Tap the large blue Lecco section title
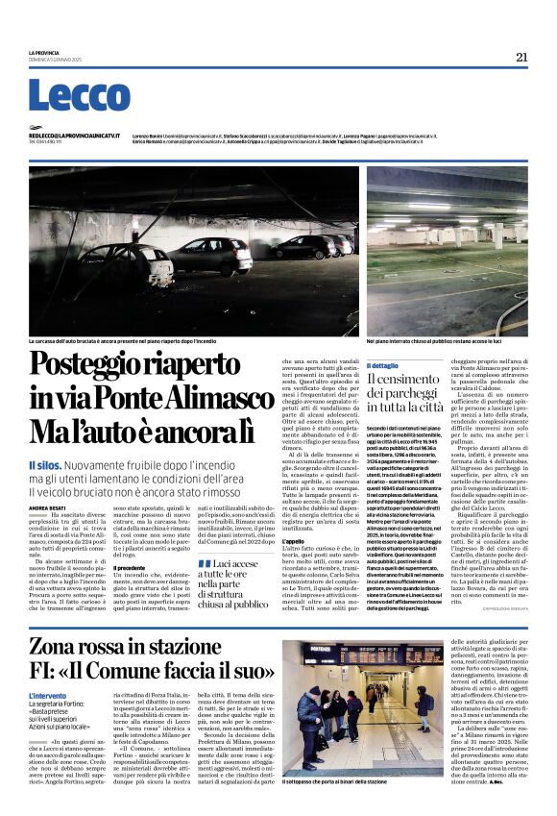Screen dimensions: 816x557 79,96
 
